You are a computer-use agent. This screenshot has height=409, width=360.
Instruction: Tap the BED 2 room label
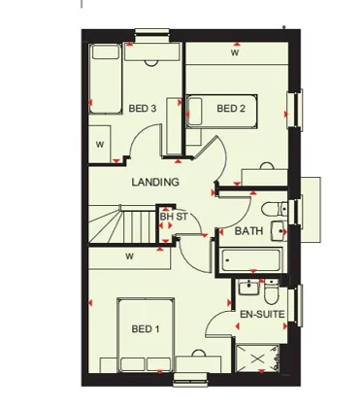(x=230, y=107)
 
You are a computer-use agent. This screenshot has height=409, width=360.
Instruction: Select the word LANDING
(x=155, y=183)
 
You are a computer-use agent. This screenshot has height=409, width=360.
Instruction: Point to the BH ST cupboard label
(x=174, y=216)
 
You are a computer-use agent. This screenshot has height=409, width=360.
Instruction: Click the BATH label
(x=248, y=231)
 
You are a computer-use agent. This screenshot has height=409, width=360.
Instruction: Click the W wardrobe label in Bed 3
(x=100, y=144)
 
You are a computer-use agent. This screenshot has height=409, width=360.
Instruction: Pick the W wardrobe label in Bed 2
(x=235, y=53)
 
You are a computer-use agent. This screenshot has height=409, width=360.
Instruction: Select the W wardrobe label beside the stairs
(x=128, y=256)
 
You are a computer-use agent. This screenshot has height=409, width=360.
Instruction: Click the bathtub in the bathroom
(x=250, y=259)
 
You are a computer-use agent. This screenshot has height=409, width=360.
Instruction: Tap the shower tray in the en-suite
(x=259, y=361)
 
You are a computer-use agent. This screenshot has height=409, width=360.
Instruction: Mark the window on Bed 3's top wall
(x=150, y=39)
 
